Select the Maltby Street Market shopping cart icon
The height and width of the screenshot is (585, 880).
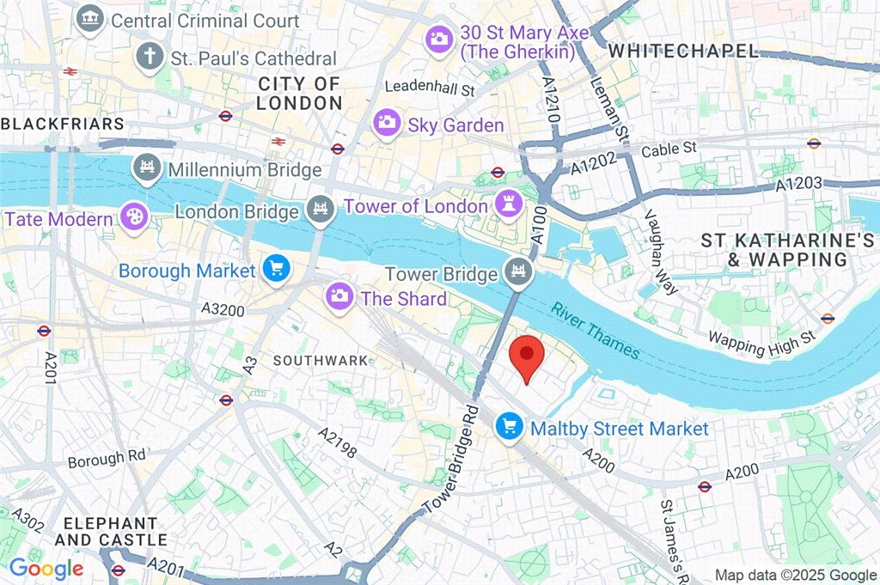[510, 427]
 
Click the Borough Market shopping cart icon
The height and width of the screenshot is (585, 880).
[277, 270]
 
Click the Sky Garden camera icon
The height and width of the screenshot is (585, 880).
[388, 124]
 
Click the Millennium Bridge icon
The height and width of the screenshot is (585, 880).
[146, 169]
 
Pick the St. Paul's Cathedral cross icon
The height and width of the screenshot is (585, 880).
[150, 58]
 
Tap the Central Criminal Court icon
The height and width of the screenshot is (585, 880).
[89, 20]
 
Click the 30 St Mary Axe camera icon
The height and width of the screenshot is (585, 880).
[440, 38]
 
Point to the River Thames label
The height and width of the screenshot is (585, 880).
[596, 331]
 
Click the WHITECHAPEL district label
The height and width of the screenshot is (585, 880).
[683, 52]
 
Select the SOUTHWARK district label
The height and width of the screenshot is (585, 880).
[321, 361]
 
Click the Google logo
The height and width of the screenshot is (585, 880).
[46, 568]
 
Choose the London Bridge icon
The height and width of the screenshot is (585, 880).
[321, 210]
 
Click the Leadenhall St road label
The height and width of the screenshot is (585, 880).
[430, 88]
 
